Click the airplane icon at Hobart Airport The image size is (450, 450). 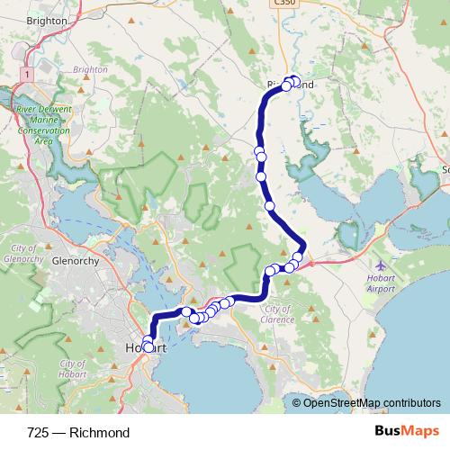tap(382, 266)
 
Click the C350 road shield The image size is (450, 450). tap(284, 4)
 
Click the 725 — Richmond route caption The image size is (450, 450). tap(79, 433)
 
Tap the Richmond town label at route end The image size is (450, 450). tap(291, 85)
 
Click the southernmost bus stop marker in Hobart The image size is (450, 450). tap(148, 346)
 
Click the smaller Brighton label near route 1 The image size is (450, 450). tap(90, 68)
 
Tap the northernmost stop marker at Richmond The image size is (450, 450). tap(293, 79)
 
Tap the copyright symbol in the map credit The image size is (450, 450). tap(296, 402)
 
